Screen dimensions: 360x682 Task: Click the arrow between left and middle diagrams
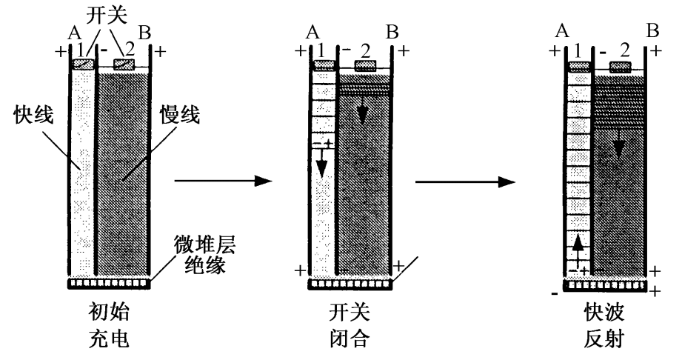(x=222, y=180)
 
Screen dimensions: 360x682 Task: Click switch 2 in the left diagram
(x=124, y=64)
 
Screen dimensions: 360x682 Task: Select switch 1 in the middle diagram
(x=323, y=65)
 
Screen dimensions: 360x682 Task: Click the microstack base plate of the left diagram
(x=110, y=282)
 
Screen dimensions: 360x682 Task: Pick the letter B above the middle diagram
(x=392, y=33)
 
